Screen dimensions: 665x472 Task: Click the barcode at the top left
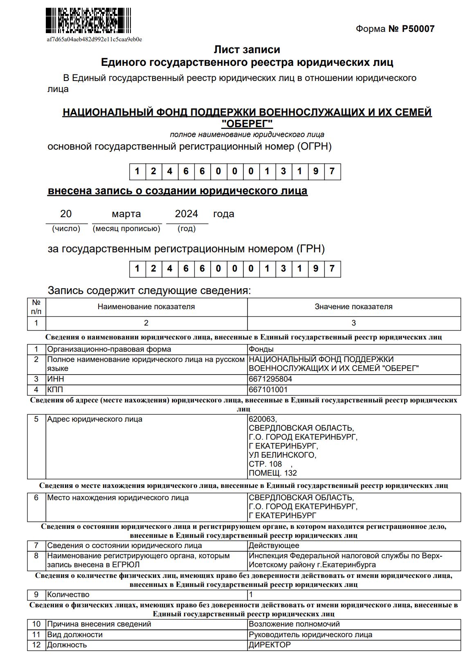pyautogui.click(x=88, y=20)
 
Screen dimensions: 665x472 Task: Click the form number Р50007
pyautogui.click(x=418, y=29)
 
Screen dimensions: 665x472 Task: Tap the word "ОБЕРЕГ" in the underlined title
pyautogui.click(x=247, y=124)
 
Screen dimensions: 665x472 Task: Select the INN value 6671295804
pyautogui.click(x=270, y=379)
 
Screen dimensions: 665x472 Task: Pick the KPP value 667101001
pyautogui.click(x=268, y=390)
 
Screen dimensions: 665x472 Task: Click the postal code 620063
pyautogui.click(x=262, y=419)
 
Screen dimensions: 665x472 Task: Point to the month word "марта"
pyautogui.click(x=126, y=214)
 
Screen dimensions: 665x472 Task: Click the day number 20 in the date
pyautogui.click(x=66, y=214)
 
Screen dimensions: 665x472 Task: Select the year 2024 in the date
pyautogui.click(x=186, y=214)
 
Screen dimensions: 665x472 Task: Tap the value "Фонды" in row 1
pyautogui.click(x=261, y=349)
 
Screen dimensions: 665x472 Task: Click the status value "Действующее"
pyautogui.click(x=274, y=546)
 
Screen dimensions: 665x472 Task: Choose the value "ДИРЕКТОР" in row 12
pyautogui.click(x=270, y=645)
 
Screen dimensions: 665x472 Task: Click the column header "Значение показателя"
pyautogui.click(x=353, y=307)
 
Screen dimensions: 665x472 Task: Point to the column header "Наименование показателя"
pyautogui.click(x=146, y=307)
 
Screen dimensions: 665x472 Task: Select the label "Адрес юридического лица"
pyautogui.click(x=94, y=419)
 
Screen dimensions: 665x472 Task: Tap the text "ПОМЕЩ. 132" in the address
pyautogui.click(x=272, y=473)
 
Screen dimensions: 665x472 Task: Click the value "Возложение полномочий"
pyautogui.click(x=294, y=624)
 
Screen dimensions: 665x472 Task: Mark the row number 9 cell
pyautogui.click(x=36, y=595)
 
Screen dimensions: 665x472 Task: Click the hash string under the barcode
pyautogui.click(x=94, y=40)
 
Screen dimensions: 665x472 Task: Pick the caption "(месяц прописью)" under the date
pyautogui.click(x=126, y=229)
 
